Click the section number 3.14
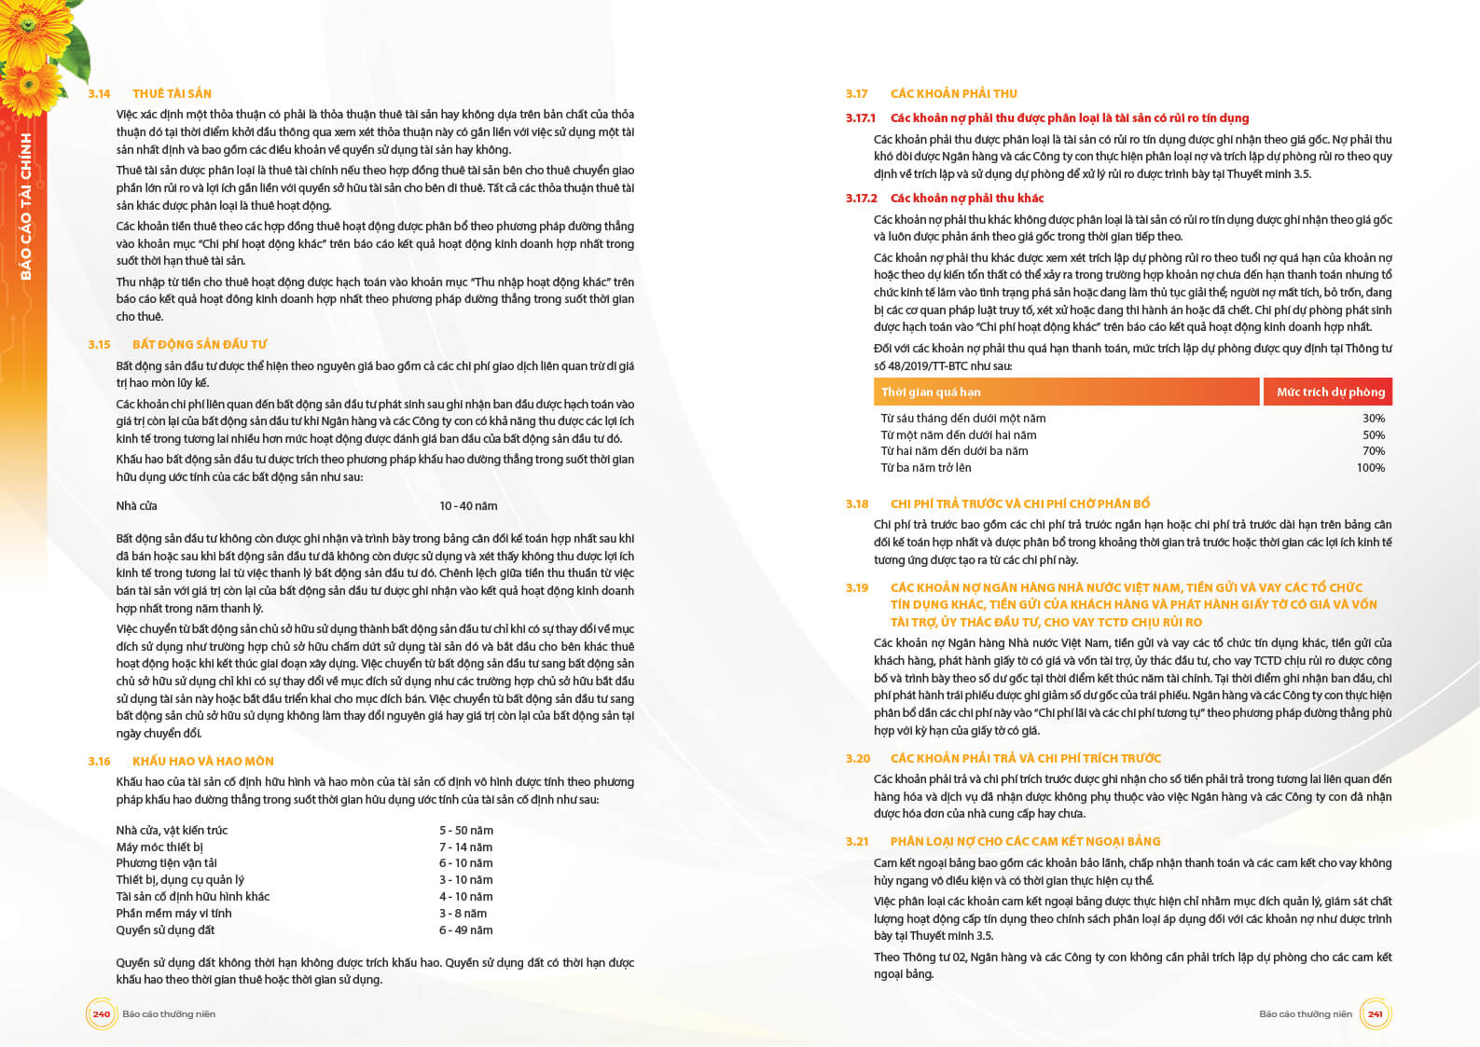pyautogui.click(x=99, y=94)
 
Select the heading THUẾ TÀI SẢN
pyautogui.click(x=172, y=94)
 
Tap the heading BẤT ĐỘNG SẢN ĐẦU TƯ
pyautogui.click(x=200, y=345)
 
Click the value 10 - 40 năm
pyautogui.click(x=468, y=506)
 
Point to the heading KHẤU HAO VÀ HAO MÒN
pyautogui.click(x=203, y=762)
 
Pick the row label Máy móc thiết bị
pyautogui.click(x=159, y=847)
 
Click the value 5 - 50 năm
pyautogui.click(x=466, y=831)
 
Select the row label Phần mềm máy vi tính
pyautogui.click(x=173, y=914)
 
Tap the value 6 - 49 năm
pyautogui.click(x=466, y=930)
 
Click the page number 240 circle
pyautogui.click(x=101, y=1014)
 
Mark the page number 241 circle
pyautogui.click(x=1375, y=1014)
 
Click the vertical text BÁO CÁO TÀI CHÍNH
pyautogui.click(x=26, y=206)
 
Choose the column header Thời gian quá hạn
pyautogui.click(x=931, y=393)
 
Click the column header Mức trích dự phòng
pyautogui.click(x=1330, y=393)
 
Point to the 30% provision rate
pyautogui.click(x=1374, y=419)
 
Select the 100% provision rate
pyautogui.click(x=1370, y=468)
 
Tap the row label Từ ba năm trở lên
pyautogui.click(x=926, y=468)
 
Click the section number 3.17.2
pyautogui.click(x=861, y=199)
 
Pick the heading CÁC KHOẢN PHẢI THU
pyautogui.click(x=953, y=94)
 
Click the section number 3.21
pyautogui.click(x=857, y=842)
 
